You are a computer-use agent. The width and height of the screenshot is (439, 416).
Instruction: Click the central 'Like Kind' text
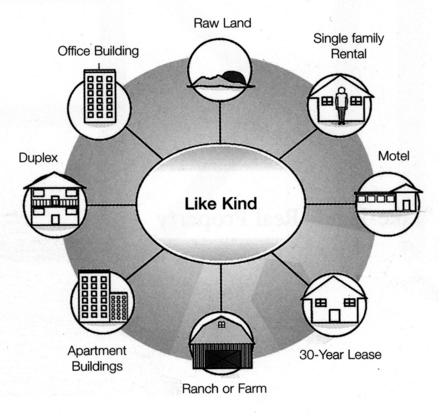[x=221, y=204]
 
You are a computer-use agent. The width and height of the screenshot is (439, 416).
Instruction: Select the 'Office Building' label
[x=98, y=52]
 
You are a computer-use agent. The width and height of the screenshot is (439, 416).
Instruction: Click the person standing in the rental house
[x=342, y=105]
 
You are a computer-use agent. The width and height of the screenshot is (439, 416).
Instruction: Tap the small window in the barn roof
[x=221, y=325]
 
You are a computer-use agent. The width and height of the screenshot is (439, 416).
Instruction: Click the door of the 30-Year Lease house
[x=334, y=315]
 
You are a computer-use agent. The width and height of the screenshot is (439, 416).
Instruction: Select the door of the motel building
[x=406, y=205]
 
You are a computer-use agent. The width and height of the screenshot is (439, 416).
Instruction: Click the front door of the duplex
[x=55, y=219]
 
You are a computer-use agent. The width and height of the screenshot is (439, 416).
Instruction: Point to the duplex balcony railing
[x=55, y=202]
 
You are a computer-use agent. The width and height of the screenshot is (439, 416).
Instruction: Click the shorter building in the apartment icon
[x=118, y=306]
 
